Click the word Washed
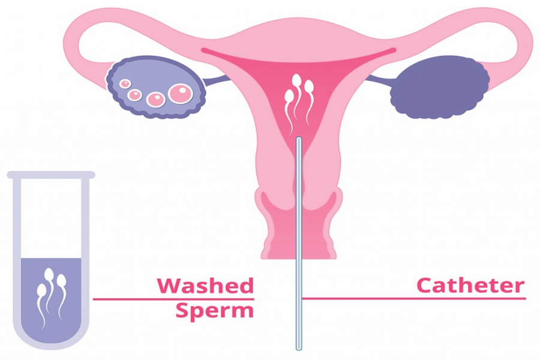(206, 286)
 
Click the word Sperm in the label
(215, 311)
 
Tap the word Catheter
(470, 286)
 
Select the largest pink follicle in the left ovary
(181, 94)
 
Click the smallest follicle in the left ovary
(125, 83)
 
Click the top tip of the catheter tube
(299, 139)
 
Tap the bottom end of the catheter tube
(299, 348)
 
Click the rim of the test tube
(51, 175)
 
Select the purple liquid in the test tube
(52, 300)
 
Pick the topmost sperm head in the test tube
(49, 274)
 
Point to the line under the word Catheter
(413, 298)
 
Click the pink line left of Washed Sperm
(173, 299)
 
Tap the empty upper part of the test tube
(52, 218)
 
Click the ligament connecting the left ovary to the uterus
(216, 80)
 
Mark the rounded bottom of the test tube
(51, 340)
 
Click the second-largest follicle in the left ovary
(156, 99)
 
